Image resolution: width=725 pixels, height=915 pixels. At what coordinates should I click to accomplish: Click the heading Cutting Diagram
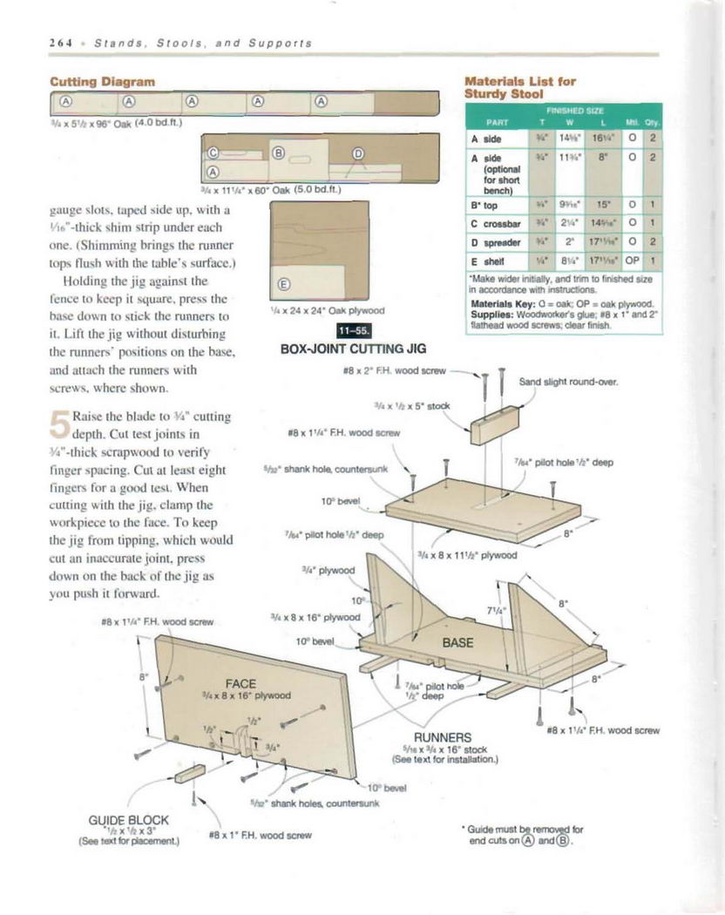click(104, 81)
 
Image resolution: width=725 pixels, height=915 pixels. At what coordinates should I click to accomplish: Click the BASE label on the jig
click(457, 643)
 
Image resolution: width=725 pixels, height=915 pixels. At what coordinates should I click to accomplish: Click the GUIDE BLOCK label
click(128, 820)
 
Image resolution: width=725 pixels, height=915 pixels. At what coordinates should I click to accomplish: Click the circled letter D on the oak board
click(356, 153)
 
